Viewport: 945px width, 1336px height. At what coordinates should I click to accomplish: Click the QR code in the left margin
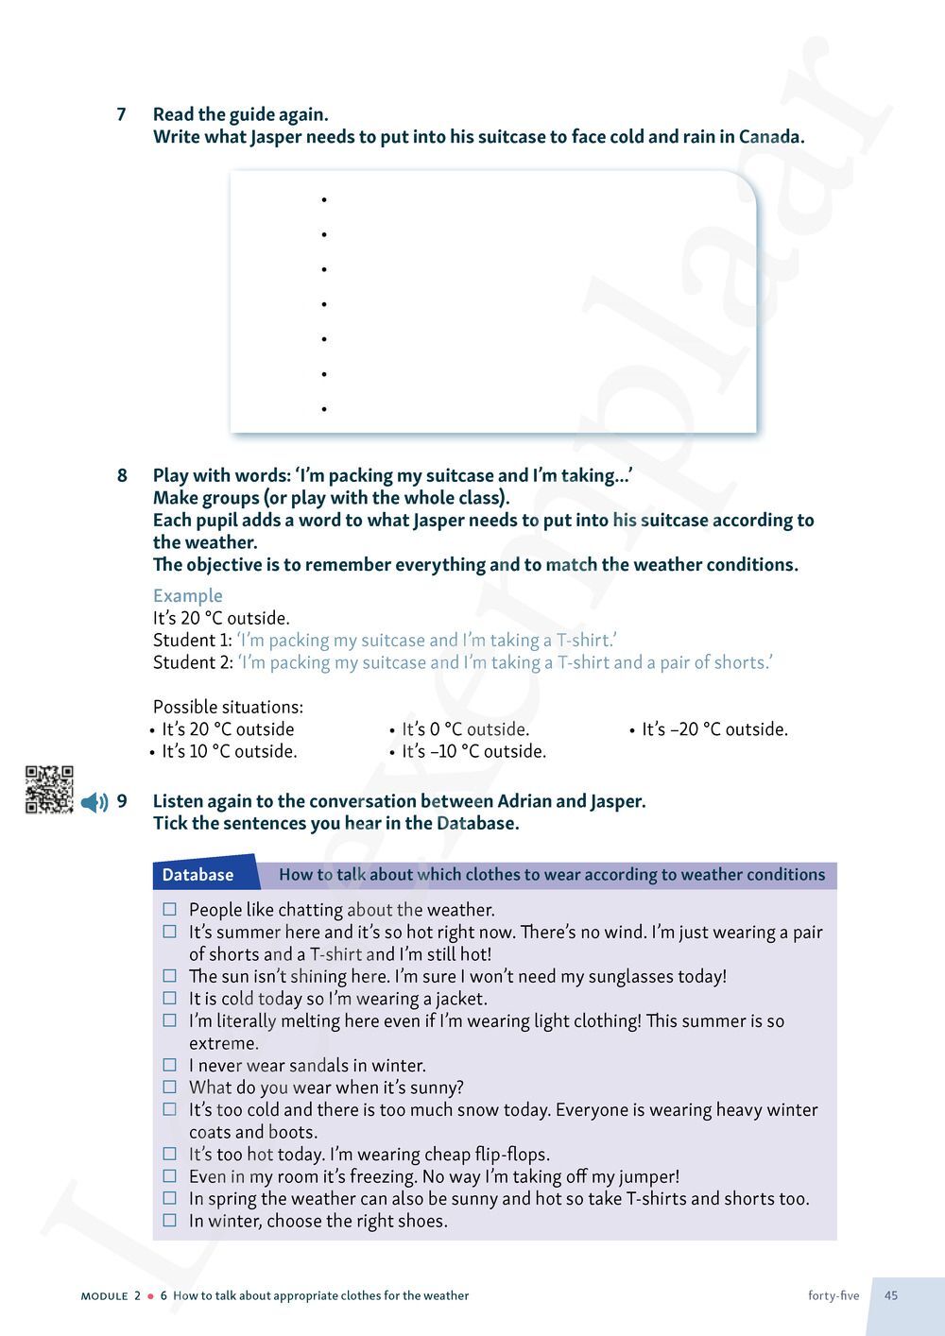[x=49, y=789]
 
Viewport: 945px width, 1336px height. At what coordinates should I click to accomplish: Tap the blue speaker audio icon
[x=94, y=803]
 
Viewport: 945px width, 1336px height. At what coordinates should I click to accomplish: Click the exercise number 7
[x=121, y=114]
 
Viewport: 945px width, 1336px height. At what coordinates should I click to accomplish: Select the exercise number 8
[x=121, y=475]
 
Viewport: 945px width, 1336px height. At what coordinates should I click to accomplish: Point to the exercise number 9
[x=122, y=801]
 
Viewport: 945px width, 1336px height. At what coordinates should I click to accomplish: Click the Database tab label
[x=198, y=875]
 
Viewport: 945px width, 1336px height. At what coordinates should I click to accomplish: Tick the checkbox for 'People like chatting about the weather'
[x=170, y=909]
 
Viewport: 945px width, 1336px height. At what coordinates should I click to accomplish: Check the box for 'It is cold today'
[x=170, y=998]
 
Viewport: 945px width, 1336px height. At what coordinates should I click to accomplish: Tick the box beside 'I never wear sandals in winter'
[x=170, y=1065]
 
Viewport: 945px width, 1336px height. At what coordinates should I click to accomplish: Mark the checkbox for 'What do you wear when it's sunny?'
[x=170, y=1087]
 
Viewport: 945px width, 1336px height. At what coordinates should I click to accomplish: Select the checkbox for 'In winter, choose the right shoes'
[x=170, y=1220]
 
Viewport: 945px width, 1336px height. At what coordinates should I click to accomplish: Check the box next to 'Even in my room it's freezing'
[x=170, y=1175]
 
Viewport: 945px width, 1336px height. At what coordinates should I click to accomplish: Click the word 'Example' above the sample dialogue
[x=188, y=595]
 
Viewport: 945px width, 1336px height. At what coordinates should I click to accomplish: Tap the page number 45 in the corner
[x=891, y=1295]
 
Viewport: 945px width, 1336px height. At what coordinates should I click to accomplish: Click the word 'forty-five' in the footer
[x=833, y=1295]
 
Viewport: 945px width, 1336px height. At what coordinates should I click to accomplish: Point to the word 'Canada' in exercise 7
[x=769, y=137]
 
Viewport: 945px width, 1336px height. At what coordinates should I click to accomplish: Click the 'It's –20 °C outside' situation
[x=714, y=729]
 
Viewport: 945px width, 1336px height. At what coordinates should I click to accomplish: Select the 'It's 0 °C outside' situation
[x=465, y=729]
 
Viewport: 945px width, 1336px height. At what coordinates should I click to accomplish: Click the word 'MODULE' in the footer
[x=104, y=1296]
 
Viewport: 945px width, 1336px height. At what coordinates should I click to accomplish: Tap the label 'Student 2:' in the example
[x=193, y=662]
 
